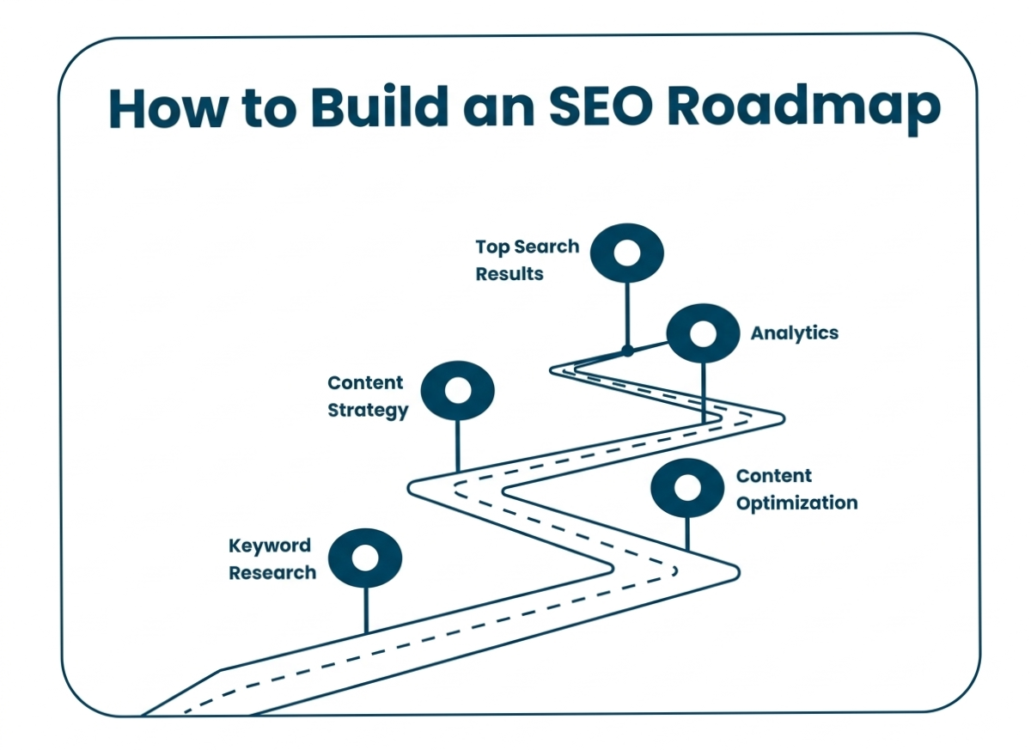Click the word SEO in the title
(591, 108)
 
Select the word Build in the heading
(379, 108)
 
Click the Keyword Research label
(271, 559)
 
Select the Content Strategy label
(367, 396)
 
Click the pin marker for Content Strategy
(458, 391)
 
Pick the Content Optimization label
(796, 490)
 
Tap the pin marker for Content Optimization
(687, 488)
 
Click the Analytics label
(795, 332)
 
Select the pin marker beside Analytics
(703, 333)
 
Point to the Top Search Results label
(527, 260)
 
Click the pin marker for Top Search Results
(628, 253)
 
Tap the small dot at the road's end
(628, 351)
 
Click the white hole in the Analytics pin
(703, 333)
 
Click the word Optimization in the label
(796, 503)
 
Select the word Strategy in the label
(368, 410)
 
